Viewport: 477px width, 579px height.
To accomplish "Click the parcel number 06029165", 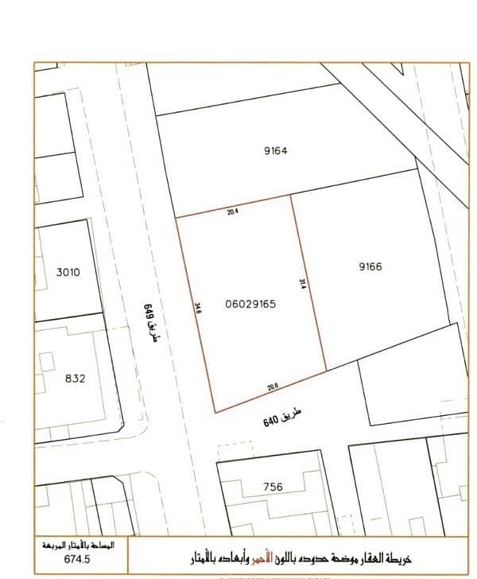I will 250,303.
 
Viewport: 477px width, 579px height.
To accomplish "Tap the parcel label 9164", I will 273,150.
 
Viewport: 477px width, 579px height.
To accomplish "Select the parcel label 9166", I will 370,266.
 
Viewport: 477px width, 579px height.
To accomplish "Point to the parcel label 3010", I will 68,272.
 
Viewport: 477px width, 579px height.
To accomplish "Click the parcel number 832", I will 75,379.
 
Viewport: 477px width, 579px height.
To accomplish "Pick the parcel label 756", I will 272,487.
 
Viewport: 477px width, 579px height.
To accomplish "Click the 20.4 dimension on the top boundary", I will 233,212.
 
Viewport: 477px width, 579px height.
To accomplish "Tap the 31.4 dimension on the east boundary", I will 303,285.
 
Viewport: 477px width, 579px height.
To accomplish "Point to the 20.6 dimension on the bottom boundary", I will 273,387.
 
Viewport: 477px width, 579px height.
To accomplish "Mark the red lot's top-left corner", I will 176,216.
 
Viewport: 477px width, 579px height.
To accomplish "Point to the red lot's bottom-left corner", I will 215,412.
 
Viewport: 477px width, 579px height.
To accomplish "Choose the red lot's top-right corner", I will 290,195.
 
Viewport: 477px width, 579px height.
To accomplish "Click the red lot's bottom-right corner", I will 327,370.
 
